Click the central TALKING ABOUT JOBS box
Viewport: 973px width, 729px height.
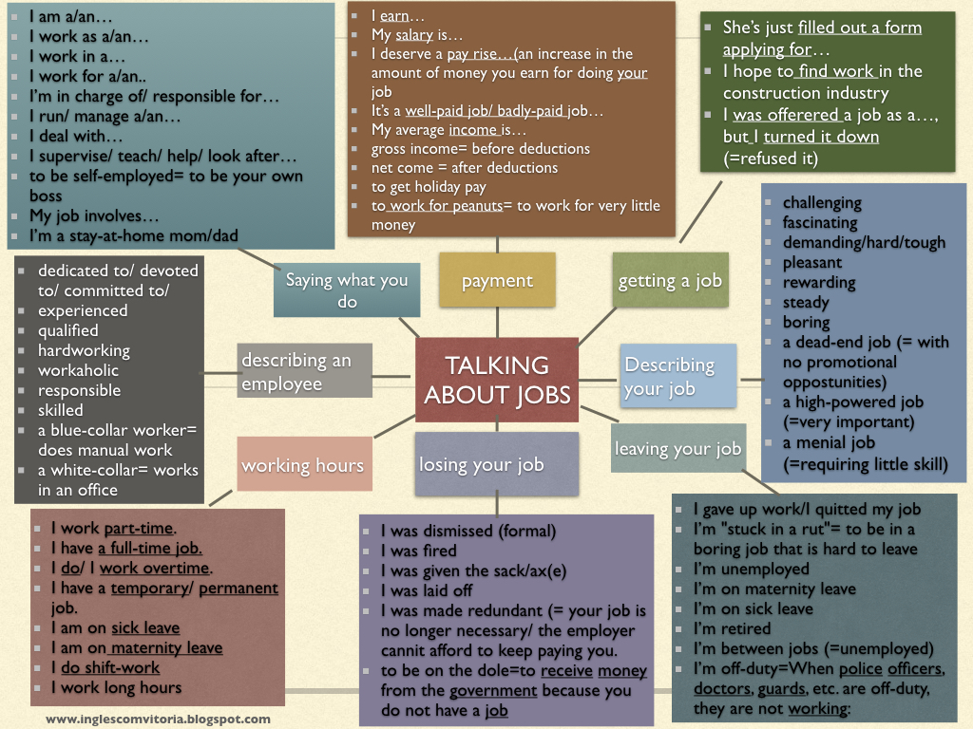pos(497,380)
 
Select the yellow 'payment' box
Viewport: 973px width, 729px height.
pos(497,281)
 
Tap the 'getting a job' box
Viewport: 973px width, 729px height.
pos(670,280)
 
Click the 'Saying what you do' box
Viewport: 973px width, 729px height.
pos(347,290)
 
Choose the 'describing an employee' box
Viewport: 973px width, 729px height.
pos(304,371)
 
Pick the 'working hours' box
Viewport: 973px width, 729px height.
pos(302,464)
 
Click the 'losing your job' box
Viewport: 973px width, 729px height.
pos(482,464)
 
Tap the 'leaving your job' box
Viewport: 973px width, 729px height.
pos(677,448)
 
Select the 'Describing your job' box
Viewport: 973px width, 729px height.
pos(678,377)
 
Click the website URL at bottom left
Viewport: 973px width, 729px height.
pos(158,719)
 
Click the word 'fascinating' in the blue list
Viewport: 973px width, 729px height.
pos(819,222)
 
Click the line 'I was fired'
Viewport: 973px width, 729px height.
pos(418,551)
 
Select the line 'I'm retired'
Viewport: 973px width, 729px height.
pos(733,628)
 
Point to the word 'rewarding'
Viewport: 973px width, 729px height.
pos(818,282)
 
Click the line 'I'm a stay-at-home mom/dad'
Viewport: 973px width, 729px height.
pos(134,235)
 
